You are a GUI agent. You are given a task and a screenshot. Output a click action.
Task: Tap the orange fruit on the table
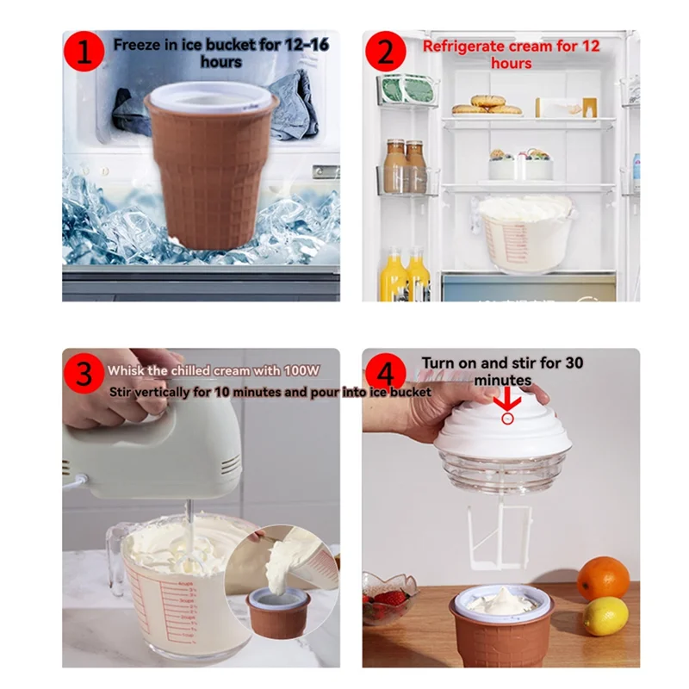[603, 578]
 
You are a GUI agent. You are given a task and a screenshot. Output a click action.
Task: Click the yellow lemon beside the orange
[605, 616]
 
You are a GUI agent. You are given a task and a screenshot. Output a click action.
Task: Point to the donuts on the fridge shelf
[487, 105]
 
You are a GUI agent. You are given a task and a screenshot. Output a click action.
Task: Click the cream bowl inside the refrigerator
[525, 228]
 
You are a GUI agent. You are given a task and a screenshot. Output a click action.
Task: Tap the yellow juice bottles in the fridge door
[406, 276]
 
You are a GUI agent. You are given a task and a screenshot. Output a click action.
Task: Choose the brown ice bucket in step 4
[501, 633]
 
